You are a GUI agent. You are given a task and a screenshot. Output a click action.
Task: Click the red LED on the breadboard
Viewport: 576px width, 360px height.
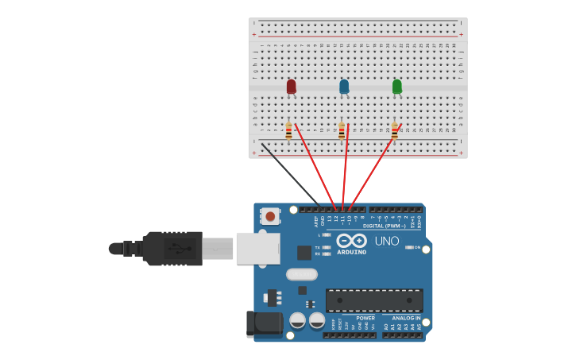tap(292, 86)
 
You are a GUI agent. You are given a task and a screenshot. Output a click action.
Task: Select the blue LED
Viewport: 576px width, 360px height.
tap(344, 86)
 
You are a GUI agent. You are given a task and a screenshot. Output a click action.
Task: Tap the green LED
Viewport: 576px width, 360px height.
tap(397, 86)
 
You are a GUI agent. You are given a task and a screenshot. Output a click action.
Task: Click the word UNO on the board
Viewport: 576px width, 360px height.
tap(387, 241)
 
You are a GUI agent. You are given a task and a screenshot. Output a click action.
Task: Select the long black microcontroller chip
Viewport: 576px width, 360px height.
tap(373, 300)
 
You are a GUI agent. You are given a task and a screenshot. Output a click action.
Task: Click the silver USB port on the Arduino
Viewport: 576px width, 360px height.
tap(256, 248)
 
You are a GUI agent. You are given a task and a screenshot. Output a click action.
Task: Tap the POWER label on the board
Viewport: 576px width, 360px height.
tap(365, 318)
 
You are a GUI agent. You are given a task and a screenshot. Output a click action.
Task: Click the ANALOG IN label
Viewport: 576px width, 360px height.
tap(406, 318)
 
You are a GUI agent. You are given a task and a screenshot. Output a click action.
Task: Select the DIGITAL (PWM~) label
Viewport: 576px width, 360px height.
tap(384, 226)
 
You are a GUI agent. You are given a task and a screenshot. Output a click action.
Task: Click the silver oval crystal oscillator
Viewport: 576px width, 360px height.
tap(301, 274)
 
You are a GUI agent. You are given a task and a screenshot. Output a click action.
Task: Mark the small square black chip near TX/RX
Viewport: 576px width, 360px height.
tap(303, 253)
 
